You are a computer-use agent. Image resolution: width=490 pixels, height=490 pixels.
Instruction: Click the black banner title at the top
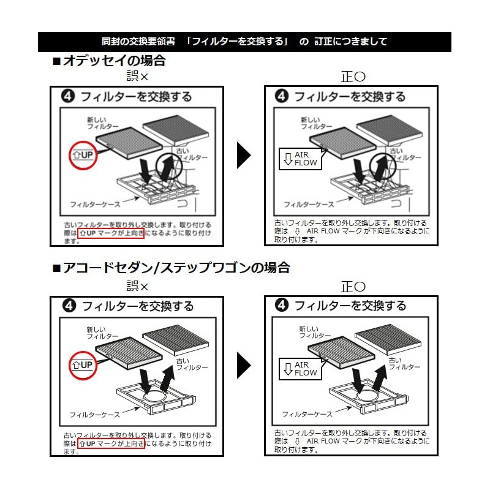coord(244,42)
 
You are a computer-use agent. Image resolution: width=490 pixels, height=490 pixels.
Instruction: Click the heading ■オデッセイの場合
coord(109,61)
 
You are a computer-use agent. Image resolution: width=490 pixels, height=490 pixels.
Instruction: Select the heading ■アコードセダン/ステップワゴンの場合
coord(171,268)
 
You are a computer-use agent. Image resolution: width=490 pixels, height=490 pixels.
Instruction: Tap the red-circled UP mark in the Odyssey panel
coord(83,156)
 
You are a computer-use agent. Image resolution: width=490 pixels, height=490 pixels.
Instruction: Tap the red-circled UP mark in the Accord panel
coord(83,365)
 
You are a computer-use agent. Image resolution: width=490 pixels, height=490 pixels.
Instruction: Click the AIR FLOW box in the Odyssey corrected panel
coord(300,159)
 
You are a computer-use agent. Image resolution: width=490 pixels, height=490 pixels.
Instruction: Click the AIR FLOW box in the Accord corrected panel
coord(300,369)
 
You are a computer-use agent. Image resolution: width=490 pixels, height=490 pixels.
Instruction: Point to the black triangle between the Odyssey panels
coord(244,156)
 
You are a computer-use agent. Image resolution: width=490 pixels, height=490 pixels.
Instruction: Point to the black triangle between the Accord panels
coord(244,365)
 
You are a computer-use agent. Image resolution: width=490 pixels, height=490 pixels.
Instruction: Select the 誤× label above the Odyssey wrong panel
coord(137,76)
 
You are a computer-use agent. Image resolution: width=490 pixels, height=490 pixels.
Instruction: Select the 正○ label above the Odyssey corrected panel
coord(353,77)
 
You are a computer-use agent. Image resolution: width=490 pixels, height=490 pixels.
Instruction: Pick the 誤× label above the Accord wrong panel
coord(137,285)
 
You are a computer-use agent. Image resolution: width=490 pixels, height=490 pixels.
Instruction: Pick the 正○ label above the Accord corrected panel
coord(353,287)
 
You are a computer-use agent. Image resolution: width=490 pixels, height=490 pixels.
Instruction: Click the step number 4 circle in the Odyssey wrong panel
coord(68,96)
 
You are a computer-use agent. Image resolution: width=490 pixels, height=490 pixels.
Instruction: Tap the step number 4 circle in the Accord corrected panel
coord(282,305)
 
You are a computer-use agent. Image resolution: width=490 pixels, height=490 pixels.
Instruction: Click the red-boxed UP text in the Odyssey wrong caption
coord(111,233)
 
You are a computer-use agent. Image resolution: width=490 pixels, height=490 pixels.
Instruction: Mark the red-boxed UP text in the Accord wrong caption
coord(111,443)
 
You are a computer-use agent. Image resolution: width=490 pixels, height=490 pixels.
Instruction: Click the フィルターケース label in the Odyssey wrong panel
coord(95,205)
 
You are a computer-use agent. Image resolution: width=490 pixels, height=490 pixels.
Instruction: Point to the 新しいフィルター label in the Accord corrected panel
coord(314,333)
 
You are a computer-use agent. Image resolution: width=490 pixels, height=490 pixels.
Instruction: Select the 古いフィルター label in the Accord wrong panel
coord(192,364)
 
